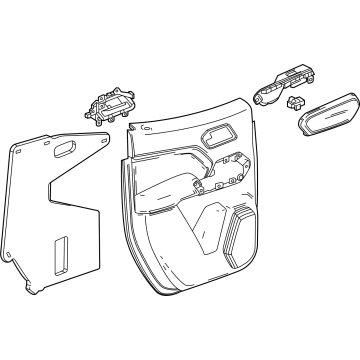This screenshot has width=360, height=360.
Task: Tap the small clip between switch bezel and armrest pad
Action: coord(295,103)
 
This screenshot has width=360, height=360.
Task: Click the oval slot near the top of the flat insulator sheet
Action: coord(63,148)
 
